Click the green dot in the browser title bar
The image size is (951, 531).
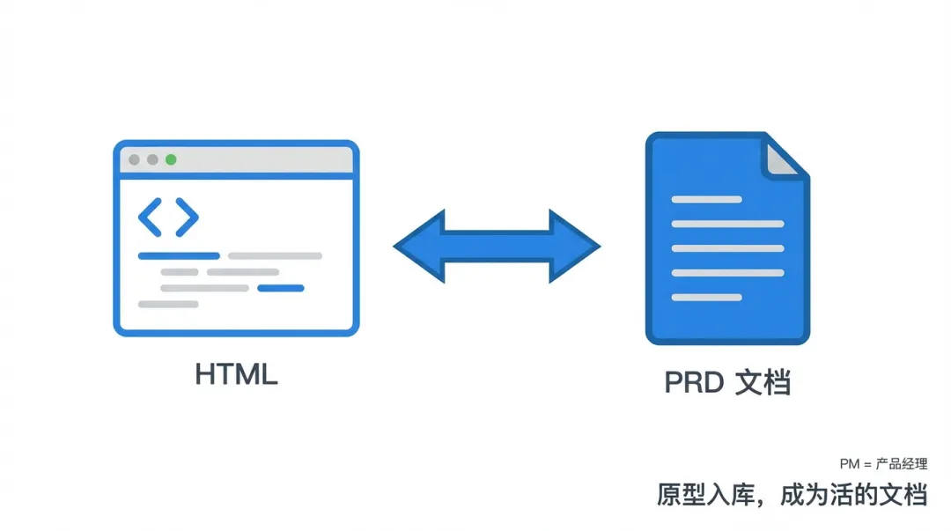pos(171,159)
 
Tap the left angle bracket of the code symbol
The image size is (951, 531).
pos(150,218)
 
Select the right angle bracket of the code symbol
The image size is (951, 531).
pos(187,218)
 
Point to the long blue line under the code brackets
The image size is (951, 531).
pos(179,256)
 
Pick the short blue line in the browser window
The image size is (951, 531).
pos(280,288)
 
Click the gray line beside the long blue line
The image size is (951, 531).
pos(275,256)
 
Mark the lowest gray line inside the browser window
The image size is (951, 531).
pos(168,304)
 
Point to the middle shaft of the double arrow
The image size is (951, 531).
pos(497,247)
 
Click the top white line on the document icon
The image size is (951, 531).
pos(706,200)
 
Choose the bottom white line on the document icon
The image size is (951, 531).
pos(706,298)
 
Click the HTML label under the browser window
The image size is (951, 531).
pos(236,374)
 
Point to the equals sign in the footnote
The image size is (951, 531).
pos(867,464)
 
